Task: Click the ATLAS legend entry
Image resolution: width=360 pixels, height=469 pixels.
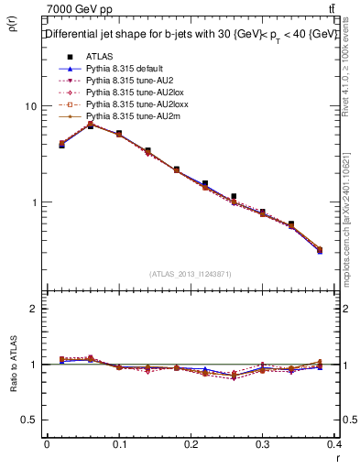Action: point(99,56)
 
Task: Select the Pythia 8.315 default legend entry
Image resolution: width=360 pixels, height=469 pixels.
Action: point(125,69)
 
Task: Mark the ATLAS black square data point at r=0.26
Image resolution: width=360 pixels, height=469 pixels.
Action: point(235,196)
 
